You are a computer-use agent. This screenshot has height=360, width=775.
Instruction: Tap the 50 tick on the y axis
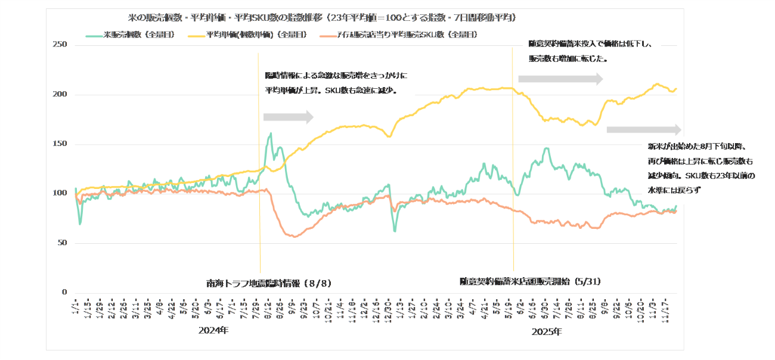61,243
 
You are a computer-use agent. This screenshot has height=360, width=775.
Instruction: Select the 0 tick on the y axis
63,293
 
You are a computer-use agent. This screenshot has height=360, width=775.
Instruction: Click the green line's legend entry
131,35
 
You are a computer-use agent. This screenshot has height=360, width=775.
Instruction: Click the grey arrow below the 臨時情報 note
288,117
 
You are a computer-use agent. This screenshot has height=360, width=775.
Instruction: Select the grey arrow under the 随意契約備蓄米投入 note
560,79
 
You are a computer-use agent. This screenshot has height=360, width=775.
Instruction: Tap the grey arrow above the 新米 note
643,130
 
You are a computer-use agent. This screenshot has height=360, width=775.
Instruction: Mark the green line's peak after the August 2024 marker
271,134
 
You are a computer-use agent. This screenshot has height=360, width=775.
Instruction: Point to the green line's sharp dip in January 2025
395,231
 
